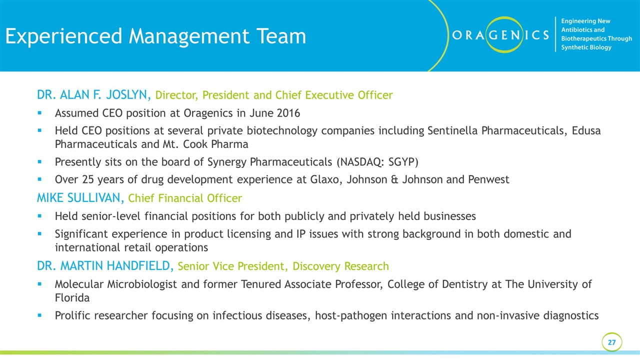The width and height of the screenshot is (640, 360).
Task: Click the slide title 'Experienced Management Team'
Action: pos(155,36)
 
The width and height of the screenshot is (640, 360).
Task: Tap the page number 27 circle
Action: pos(611,342)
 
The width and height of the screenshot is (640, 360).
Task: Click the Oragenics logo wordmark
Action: pos(500,35)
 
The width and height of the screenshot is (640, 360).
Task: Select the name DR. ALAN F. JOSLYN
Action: pos(94,95)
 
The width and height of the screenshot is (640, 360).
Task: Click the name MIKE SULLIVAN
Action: pos(80,197)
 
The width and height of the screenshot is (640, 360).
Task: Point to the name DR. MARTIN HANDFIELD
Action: pos(105,265)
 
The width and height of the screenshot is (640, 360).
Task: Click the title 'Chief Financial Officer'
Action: pos(185,198)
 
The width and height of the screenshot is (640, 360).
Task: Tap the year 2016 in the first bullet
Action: pos(288,113)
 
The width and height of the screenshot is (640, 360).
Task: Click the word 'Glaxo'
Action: pos(325,179)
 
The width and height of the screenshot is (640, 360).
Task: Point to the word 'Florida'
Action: pos(72,297)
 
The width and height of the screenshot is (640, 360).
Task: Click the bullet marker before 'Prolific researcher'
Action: pos(39,315)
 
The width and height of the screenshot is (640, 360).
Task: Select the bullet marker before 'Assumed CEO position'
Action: pos(39,113)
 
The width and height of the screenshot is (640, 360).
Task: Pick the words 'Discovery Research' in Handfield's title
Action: pos(340,266)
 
